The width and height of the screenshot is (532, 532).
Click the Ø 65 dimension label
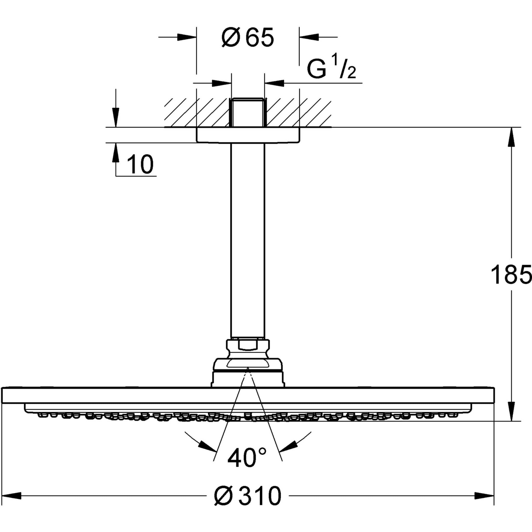point(248,37)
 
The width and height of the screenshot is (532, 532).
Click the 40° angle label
point(247,458)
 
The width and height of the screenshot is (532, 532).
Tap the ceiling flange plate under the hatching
point(248,135)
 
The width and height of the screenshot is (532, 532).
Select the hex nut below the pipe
point(248,348)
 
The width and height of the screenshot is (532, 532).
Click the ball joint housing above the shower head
point(248,373)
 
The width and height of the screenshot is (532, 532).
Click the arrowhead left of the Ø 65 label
point(187,37)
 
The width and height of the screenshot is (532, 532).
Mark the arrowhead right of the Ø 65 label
point(309,37)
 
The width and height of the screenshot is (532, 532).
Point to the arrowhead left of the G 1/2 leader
point(222,83)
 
